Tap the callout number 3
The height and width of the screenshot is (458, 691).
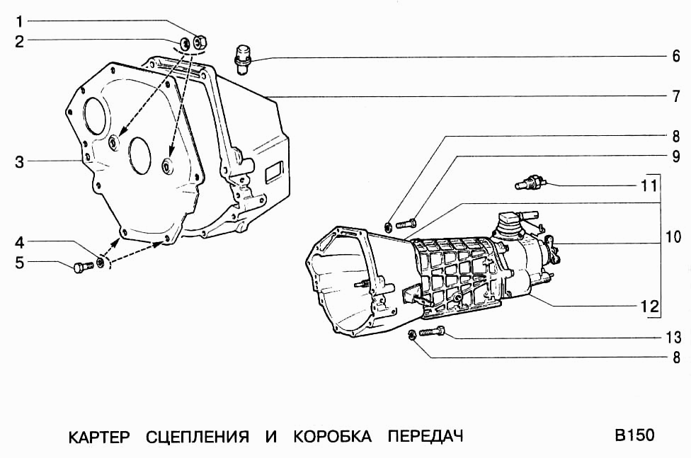coord(20,162)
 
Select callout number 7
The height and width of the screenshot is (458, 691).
coord(676,96)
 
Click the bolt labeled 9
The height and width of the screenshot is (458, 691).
coord(406,224)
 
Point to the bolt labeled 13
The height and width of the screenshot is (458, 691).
coord(432,331)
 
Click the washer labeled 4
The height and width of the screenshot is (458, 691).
coord(101,263)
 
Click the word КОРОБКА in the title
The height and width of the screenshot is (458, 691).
coord(331,436)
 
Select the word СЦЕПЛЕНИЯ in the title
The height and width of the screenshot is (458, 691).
coord(198,436)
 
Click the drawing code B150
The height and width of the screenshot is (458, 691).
coord(634,435)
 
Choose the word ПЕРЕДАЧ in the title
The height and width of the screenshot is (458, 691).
coord(426,436)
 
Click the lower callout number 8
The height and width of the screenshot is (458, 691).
coord(676,357)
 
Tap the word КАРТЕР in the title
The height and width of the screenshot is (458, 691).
coord(99,436)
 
